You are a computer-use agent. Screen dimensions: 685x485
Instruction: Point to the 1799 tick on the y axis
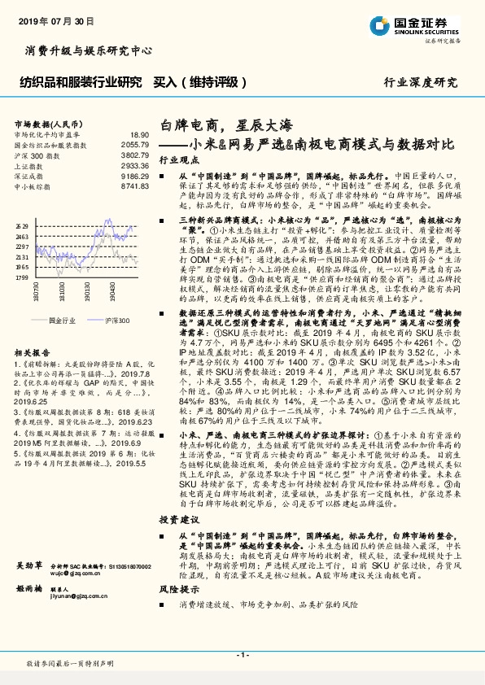pyautogui.click(x=21, y=277)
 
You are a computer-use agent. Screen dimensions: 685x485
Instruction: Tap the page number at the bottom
pyautogui.click(x=242, y=655)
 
